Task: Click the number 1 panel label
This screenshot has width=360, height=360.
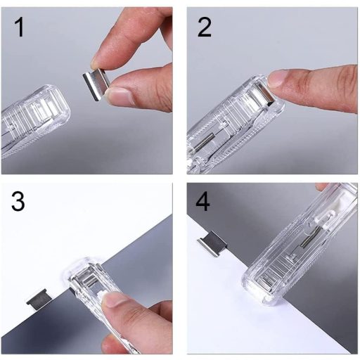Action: pos(20,27)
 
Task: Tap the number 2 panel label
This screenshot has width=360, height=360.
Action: pos(204,27)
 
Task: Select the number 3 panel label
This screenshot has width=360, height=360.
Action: pos(18,201)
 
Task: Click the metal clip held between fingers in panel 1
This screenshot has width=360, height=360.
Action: pos(96,84)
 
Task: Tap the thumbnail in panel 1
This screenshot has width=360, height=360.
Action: pos(119,96)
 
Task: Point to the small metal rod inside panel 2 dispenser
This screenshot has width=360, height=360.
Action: pos(203,142)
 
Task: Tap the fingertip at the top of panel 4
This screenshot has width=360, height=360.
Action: pos(321,186)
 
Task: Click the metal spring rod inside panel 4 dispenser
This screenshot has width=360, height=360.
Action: pos(310,237)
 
